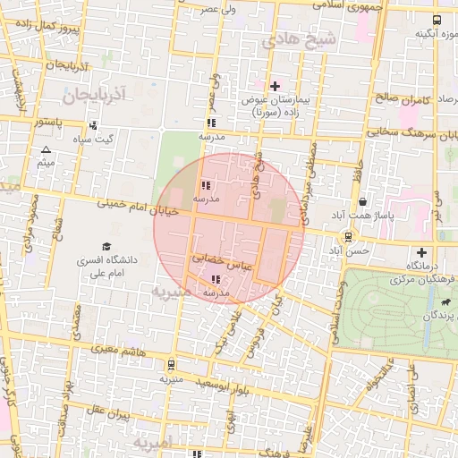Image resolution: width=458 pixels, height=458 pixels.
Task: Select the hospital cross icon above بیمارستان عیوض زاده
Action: tap(275, 86)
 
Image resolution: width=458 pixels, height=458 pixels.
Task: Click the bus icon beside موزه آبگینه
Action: tap(436, 20)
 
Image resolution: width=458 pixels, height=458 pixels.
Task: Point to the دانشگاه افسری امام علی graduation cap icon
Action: tap(106, 246)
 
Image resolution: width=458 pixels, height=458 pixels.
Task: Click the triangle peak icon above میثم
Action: tap(46, 149)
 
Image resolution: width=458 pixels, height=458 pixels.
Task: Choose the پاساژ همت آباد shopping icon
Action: tap(361, 202)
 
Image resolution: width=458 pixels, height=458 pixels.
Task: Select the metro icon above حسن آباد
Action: tap(347, 237)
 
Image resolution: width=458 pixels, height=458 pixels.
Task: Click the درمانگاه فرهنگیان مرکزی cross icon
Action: tap(422, 252)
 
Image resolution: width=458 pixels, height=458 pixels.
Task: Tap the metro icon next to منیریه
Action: tap(170, 364)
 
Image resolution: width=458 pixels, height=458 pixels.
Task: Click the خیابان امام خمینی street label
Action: tap(143, 208)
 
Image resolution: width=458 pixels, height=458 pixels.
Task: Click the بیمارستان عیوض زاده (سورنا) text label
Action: tap(273, 106)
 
